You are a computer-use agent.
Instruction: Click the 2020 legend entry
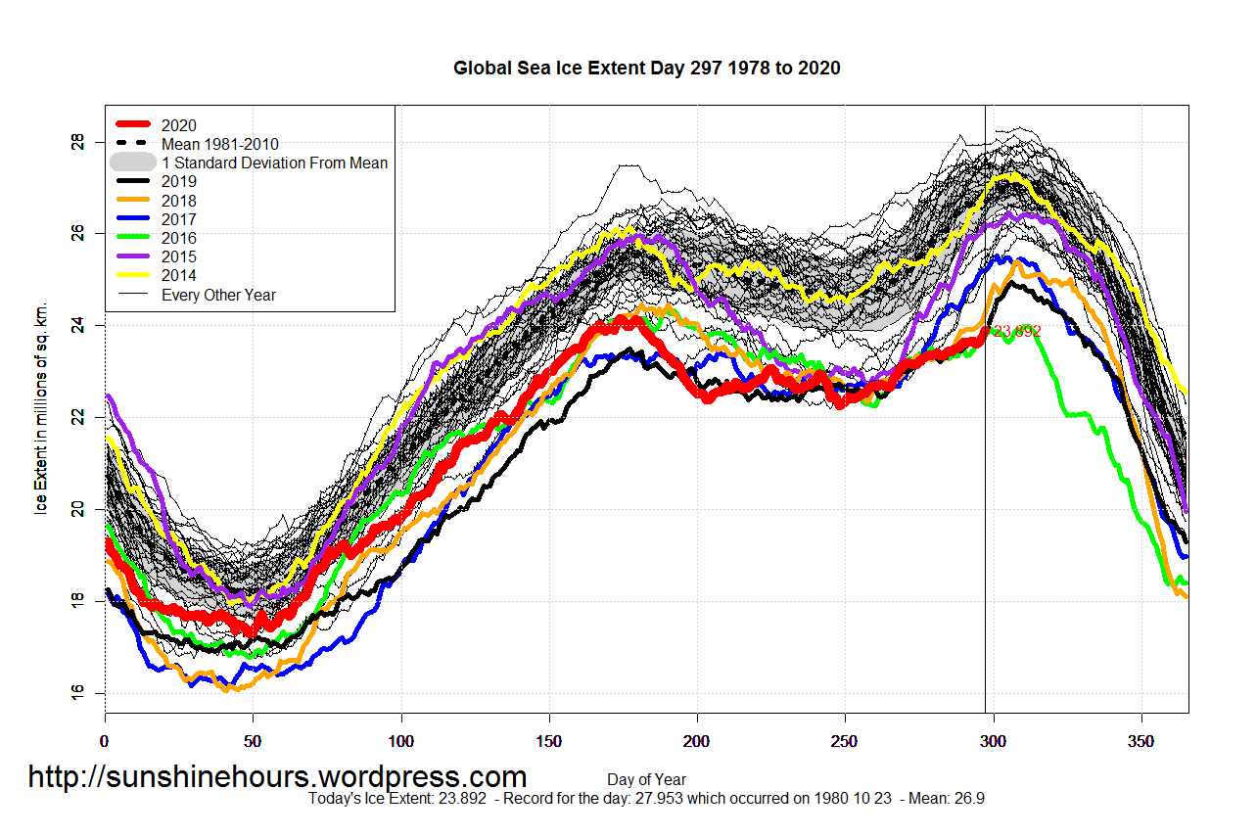click(x=179, y=125)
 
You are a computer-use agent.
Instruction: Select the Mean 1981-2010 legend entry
click(x=219, y=144)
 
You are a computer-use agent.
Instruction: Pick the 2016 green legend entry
click(x=179, y=238)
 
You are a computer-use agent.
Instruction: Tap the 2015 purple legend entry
click(x=179, y=256)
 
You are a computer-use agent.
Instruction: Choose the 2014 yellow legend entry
click(x=179, y=275)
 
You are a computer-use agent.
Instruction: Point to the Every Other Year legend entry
click(x=218, y=295)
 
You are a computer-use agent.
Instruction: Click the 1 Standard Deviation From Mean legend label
click(x=274, y=163)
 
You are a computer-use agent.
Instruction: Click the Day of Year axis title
click(x=646, y=780)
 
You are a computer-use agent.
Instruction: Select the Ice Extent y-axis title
click(x=41, y=419)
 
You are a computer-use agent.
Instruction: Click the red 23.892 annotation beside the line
click(x=1016, y=331)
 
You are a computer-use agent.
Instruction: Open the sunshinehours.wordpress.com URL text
click(x=277, y=776)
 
